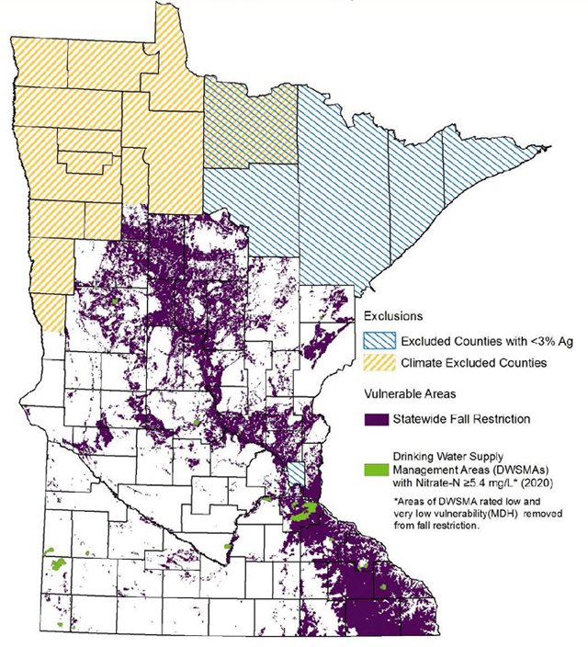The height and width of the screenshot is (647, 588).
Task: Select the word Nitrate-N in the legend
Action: (x=443, y=481)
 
